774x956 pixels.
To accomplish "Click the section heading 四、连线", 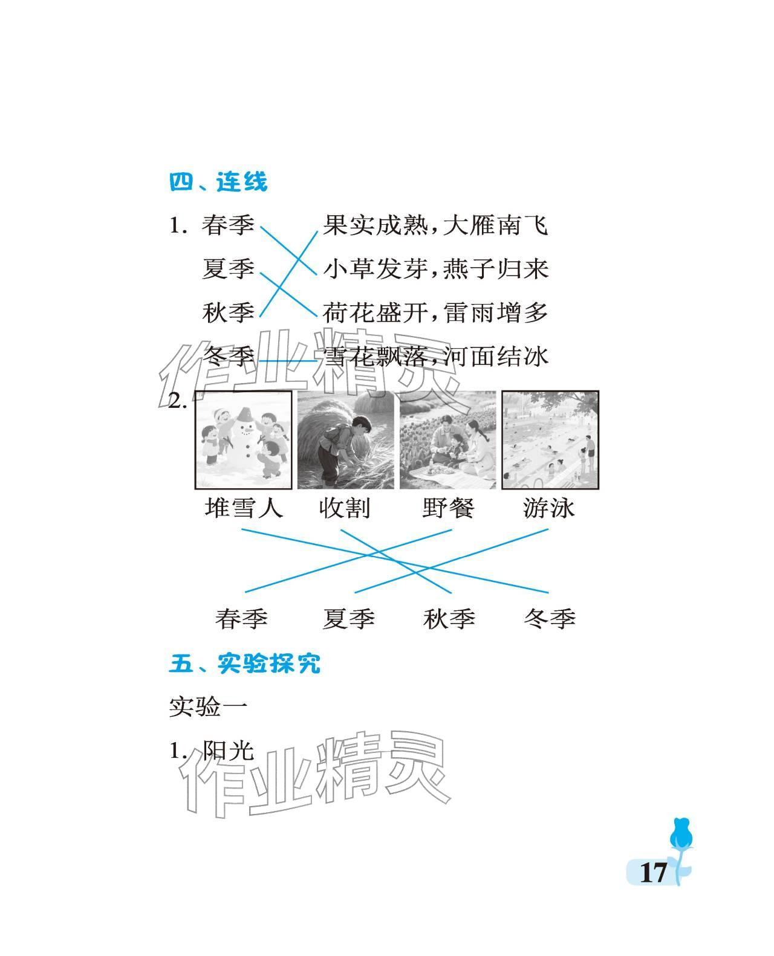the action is tap(218, 182).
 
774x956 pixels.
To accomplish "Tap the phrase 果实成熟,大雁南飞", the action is tap(435, 225).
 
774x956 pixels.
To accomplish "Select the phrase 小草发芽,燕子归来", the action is tap(435, 269).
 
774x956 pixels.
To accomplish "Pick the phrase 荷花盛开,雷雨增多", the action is tap(435, 312).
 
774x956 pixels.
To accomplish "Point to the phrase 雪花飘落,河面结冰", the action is tap(435, 357).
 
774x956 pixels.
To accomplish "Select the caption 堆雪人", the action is tap(244, 508).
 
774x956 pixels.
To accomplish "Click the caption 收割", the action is tap(344, 508).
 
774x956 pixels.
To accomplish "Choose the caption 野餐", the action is tap(448, 508).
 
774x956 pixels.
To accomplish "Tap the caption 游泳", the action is tap(548, 508).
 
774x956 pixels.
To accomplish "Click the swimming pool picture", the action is tap(550, 440).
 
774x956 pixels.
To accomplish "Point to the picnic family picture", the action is tap(447, 440).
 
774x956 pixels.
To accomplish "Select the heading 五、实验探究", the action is tap(245, 663).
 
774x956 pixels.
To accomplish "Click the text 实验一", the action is tap(209, 707).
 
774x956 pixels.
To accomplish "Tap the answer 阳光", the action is tap(229, 751).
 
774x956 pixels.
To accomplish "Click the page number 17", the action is tap(653, 873).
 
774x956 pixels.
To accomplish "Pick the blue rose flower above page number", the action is tap(681, 833).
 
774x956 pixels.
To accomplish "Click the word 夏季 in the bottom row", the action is tap(348, 619).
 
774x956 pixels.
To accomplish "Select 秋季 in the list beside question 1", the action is tap(228, 312).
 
